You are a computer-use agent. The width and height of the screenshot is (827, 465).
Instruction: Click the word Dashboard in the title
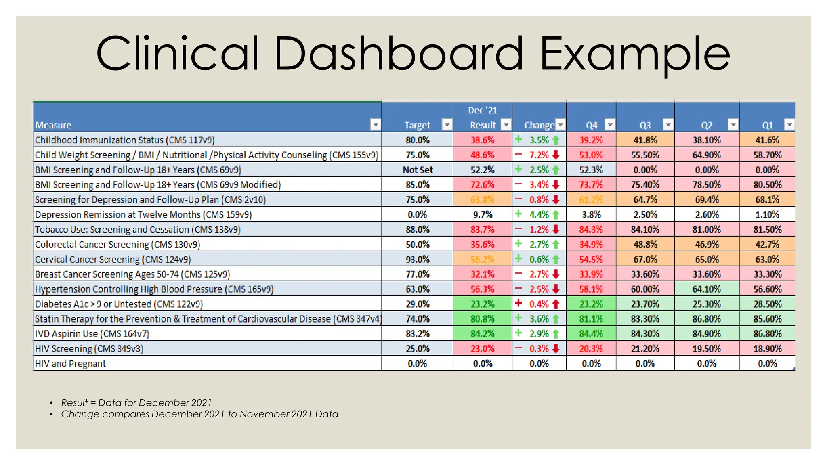point(398,54)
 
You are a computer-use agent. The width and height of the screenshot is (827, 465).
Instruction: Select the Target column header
point(417,125)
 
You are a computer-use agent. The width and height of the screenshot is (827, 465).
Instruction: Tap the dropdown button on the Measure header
point(376,125)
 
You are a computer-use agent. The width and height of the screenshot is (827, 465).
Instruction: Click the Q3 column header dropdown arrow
point(668,125)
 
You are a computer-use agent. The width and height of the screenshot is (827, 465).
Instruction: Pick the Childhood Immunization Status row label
point(125,140)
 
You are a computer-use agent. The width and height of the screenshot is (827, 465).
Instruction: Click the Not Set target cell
point(418,170)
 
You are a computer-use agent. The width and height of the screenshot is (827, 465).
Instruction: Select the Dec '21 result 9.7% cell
point(483,215)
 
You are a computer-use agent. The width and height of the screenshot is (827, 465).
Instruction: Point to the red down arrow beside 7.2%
point(556,155)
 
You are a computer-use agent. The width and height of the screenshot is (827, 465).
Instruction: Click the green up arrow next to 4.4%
point(556,215)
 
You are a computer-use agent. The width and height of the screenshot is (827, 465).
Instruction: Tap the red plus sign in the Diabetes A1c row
point(519,303)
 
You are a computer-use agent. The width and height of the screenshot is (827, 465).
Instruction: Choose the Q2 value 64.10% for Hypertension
point(707,289)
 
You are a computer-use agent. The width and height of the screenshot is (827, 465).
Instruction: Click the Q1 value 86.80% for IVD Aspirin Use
point(767,334)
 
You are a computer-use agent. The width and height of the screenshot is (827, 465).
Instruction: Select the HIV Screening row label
point(89,349)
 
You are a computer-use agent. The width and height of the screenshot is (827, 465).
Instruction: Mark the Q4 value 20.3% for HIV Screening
point(591,349)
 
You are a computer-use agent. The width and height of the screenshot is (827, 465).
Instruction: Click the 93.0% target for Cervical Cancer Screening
point(418,259)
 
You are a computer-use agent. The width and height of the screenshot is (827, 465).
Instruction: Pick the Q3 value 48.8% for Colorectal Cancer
point(645,244)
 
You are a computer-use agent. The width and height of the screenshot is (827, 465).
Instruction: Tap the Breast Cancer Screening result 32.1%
point(483,274)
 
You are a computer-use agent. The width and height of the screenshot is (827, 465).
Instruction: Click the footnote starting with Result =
point(136,403)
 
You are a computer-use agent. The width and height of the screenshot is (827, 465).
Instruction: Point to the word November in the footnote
point(264,414)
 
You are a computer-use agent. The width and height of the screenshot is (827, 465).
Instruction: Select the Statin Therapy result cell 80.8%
point(483,319)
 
